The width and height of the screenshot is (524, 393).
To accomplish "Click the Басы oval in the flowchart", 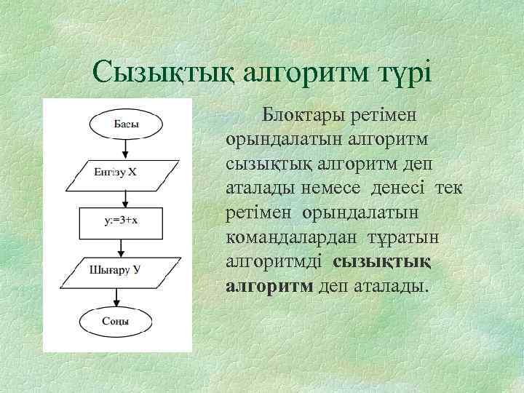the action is point(126,124).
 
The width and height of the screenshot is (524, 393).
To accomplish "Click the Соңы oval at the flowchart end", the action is point(116,320).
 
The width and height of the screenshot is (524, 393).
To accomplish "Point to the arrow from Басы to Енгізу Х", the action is point(126,148).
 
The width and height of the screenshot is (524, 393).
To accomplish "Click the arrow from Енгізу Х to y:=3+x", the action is point(126,196).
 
